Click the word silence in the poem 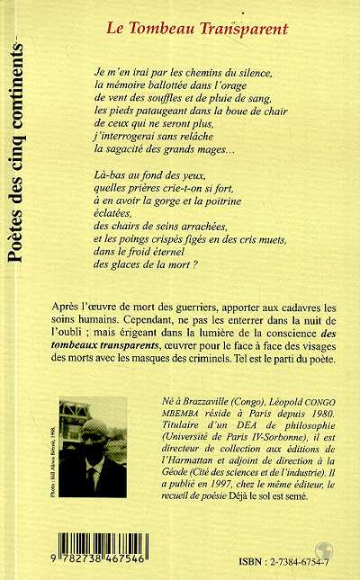(x=266, y=69)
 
